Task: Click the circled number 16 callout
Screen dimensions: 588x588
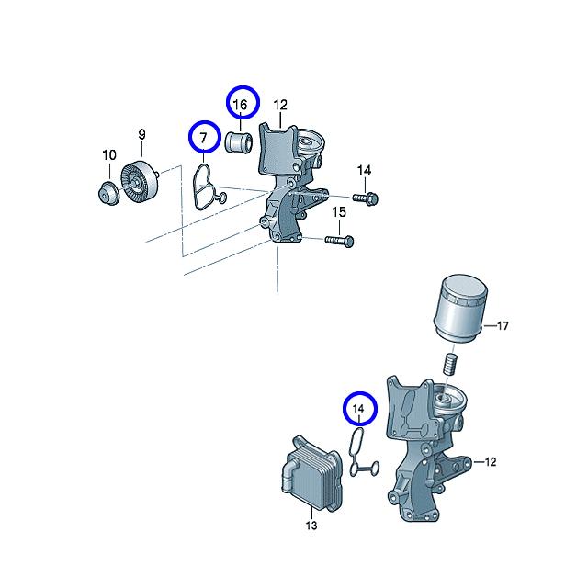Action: (x=243, y=102)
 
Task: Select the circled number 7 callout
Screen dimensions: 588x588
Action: (x=204, y=137)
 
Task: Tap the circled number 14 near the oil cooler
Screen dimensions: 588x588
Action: (x=359, y=409)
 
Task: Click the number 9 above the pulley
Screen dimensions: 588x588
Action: (x=141, y=134)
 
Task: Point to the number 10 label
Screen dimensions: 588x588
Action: (x=109, y=154)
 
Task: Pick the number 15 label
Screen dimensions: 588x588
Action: (x=339, y=212)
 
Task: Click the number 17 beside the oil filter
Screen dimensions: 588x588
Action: (x=503, y=325)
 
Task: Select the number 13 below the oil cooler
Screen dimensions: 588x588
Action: (x=311, y=526)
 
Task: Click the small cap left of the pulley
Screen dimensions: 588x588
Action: (x=107, y=194)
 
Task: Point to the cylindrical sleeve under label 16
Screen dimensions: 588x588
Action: (x=239, y=142)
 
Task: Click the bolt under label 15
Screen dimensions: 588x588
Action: (x=339, y=241)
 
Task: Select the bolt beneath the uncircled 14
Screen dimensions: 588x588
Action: (x=365, y=198)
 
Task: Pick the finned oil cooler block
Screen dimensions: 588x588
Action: (x=311, y=473)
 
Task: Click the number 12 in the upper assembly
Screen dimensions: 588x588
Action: (x=280, y=105)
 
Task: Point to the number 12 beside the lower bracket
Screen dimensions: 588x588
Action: (x=490, y=461)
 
